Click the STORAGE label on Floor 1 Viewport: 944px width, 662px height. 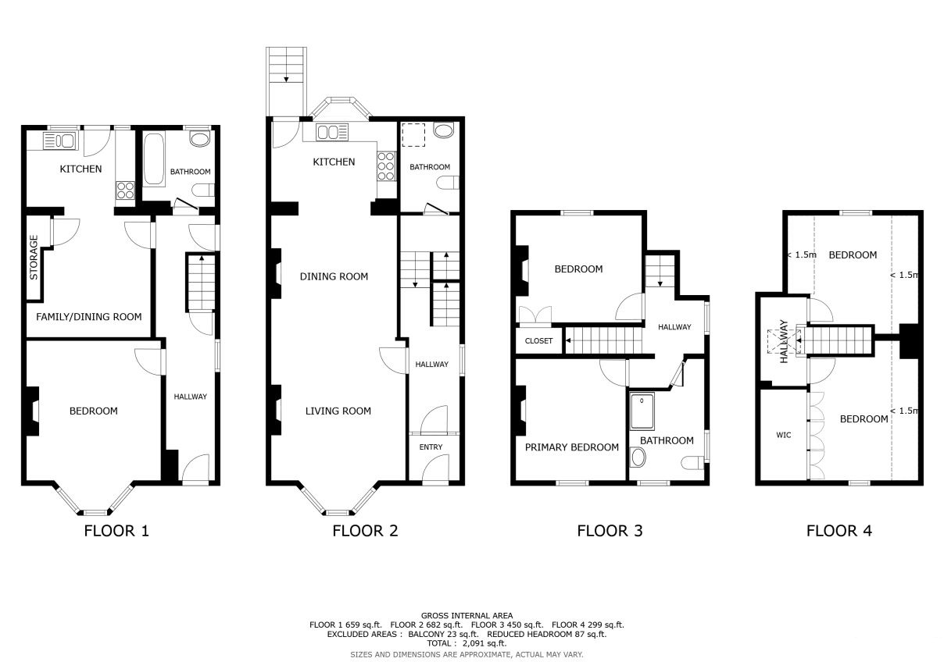tap(34, 258)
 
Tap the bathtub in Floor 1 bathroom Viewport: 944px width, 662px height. tap(154, 159)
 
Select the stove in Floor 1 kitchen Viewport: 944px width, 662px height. tap(126, 190)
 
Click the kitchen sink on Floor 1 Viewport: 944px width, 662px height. tap(60, 141)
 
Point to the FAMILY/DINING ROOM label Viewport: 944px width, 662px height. tap(89, 317)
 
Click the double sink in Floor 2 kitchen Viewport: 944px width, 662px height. tap(332, 132)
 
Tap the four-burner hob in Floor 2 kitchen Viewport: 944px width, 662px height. tap(386, 166)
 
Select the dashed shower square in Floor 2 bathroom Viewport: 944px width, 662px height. tap(413, 135)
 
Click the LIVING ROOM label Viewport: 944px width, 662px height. tap(338, 411)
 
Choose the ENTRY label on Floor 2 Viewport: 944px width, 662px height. tap(431, 447)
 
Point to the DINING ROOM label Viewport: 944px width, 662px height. tap(334, 276)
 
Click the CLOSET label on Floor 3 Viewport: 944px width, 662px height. tap(538, 340)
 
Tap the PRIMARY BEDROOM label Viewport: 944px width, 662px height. tap(572, 447)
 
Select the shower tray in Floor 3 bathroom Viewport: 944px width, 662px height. tap(642, 411)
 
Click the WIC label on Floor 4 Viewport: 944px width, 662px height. tap(784, 435)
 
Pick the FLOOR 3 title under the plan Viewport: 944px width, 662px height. tap(610, 531)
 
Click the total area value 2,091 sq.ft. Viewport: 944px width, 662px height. tap(485, 643)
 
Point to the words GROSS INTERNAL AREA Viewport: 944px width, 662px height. tap(467, 615)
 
